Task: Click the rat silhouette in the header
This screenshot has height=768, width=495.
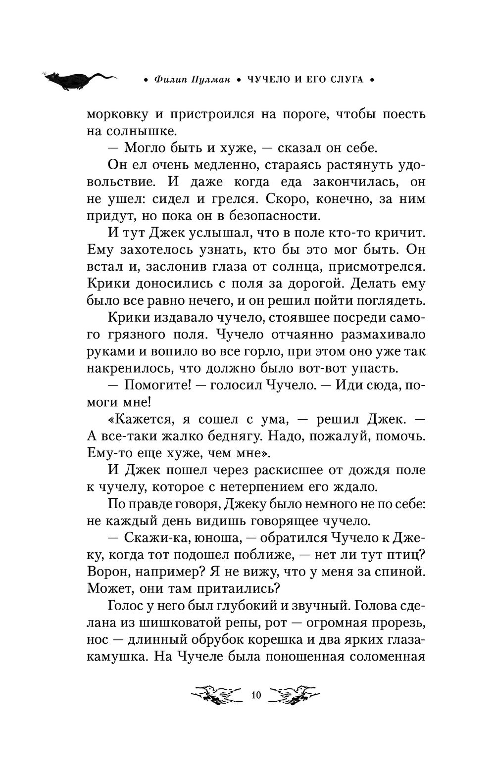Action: (79, 79)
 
